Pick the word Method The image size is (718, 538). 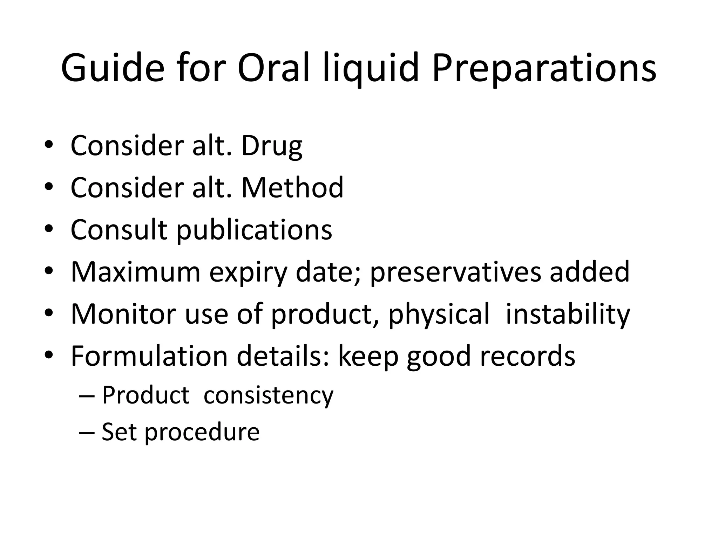click(x=292, y=188)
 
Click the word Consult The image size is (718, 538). click(x=119, y=230)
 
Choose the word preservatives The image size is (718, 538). click(x=455, y=272)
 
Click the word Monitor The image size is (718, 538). click(x=123, y=314)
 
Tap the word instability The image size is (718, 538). click(x=568, y=315)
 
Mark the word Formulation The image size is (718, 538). click(x=149, y=356)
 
